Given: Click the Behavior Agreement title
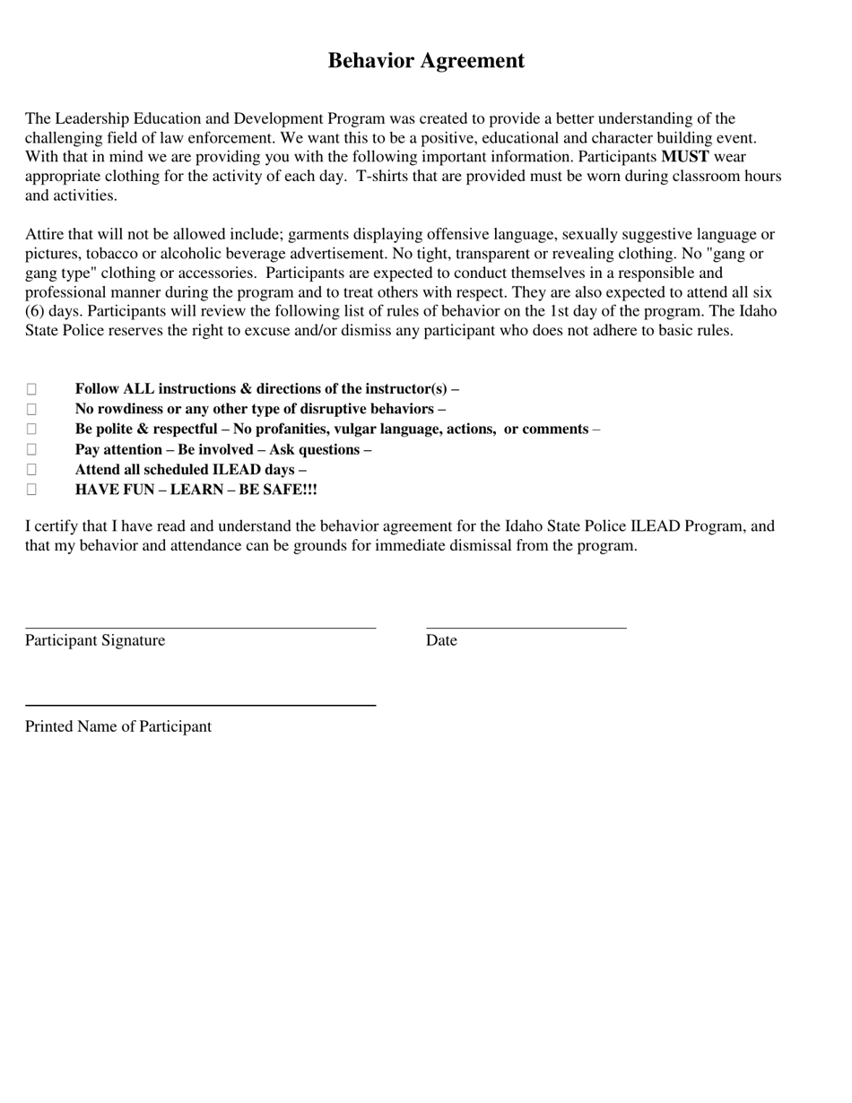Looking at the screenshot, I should (426, 61).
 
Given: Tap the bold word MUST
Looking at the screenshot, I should (685, 157).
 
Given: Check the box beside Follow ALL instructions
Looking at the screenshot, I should (31, 389).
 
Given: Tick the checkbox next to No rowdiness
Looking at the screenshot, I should (31, 409).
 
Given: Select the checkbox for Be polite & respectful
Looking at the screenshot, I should (31, 429).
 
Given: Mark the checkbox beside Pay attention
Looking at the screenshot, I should (31, 449).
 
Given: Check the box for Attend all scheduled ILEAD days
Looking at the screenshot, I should (31, 469).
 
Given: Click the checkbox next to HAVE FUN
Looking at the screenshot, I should (31, 490).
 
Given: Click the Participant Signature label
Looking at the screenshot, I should (95, 640).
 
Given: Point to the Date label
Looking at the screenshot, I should (441, 640).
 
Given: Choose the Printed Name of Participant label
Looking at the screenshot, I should (118, 726).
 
